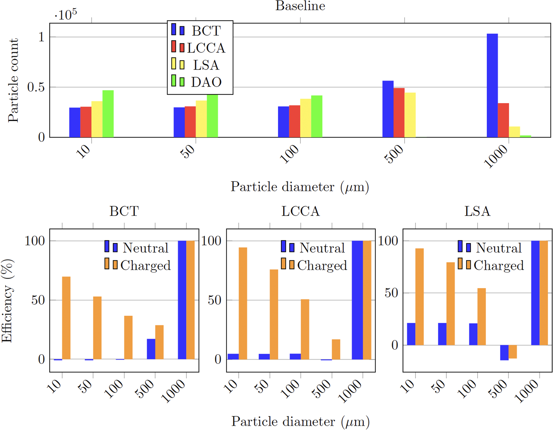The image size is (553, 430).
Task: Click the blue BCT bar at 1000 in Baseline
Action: pyautogui.click(x=492, y=86)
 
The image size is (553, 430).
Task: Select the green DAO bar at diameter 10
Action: pyautogui.click(x=108, y=114)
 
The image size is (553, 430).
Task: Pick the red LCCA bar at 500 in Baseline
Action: pyautogui.click(x=399, y=113)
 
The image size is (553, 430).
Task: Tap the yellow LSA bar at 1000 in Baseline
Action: pyautogui.click(x=514, y=132)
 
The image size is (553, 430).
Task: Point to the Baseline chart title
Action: pyautogui.click(x=300, y=6)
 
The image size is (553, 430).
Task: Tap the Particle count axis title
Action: pyautogui.click(x=13, y=80)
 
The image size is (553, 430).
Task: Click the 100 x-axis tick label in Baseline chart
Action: pyautogui.click(x=290, y=154)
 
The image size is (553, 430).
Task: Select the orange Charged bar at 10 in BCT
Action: pyautogui.click(x=66, y=318)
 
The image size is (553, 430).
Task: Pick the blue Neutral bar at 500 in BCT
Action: pyautogui.click(x=151, y=349)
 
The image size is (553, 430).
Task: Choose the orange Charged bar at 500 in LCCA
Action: pyautogui.click(x=336, y=349)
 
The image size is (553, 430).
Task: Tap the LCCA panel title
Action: pyautogui.click(x=300, y=211)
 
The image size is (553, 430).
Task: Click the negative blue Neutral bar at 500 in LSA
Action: pyautogui.click(x=504, y=352)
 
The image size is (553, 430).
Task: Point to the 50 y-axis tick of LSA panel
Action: pyautogui.click(x=391, y=293)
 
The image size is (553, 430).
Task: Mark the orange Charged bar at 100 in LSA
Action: pyautogui.click(x=481, y=317)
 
